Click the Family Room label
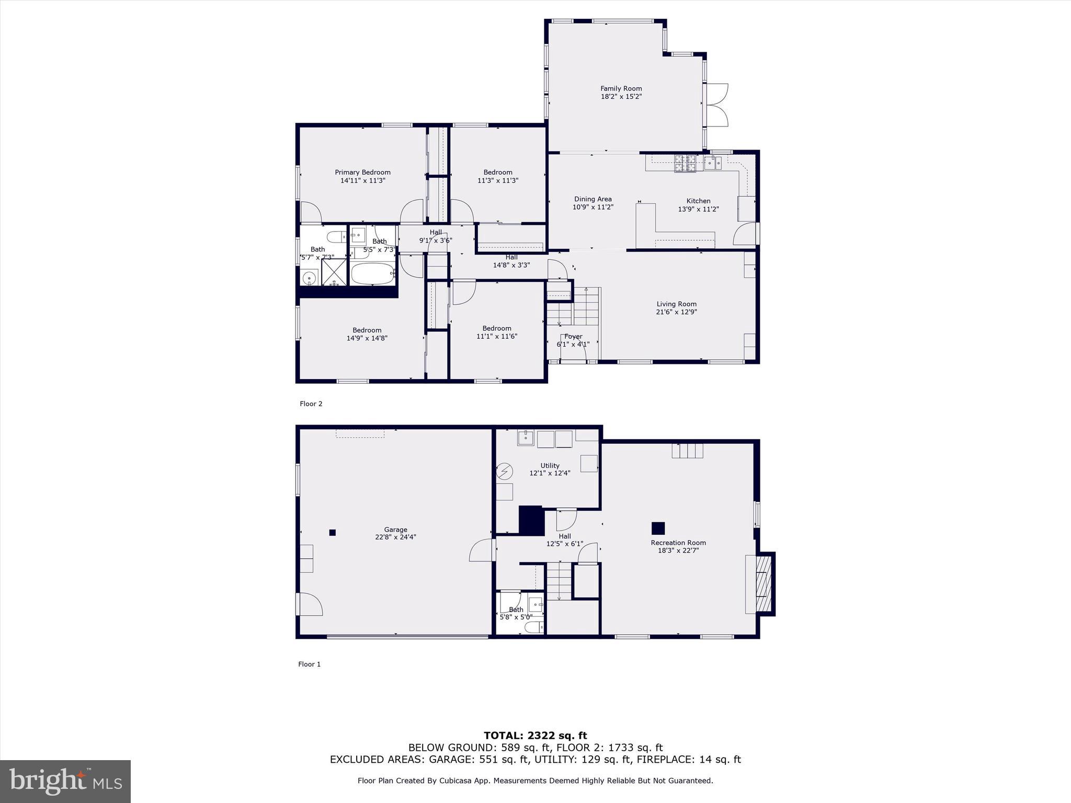point(621,89)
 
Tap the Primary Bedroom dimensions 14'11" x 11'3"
point(362,180)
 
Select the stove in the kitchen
point(685,163)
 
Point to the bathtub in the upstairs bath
point(372,274)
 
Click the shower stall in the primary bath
point(334,272)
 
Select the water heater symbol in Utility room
point(505,472)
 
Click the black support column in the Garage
point(332,533)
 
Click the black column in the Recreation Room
point(658,528)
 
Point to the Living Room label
point(676,304)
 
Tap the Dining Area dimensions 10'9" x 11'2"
point(593,207)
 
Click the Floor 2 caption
point(311,404)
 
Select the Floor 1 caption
point(309,664)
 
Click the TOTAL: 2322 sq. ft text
point(535,736)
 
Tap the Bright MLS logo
point(65,781)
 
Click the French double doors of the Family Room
point(716,105)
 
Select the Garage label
point(395,530)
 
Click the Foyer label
point(573,337)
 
